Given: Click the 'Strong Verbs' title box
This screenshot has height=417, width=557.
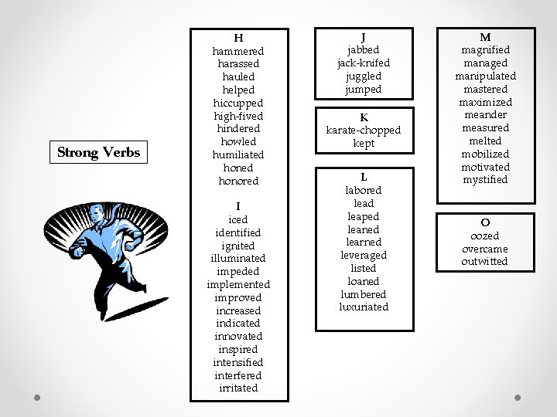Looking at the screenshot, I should (99, 152).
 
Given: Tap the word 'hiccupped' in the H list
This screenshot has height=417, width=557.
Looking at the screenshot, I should (238, 103).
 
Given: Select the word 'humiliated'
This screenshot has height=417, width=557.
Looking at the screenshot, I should (238, 154).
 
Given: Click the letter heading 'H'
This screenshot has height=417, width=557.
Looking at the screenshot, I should (238, 38).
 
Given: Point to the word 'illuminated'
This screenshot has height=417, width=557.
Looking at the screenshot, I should (238, 258).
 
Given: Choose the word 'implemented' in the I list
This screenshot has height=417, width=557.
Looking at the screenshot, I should (238, 284).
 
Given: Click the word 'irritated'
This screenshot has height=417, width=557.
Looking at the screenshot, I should (238, 388).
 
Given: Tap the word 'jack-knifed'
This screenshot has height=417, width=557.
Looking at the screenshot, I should (364, 63).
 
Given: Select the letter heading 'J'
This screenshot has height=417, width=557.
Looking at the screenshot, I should (364, 36).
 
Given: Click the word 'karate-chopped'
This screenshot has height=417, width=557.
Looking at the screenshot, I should (364, 130).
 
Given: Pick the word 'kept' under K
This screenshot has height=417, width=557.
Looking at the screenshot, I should (364, 143).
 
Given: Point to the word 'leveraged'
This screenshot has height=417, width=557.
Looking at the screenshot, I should (364, 255).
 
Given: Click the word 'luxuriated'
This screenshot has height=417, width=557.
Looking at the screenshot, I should (364, 307).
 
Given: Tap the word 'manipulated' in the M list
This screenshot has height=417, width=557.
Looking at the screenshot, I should (485, 76).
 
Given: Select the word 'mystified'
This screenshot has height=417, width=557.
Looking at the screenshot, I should (485, 180).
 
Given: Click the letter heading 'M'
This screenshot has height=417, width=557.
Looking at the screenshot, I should (485, 36).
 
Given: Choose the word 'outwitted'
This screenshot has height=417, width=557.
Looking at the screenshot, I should (485, 262).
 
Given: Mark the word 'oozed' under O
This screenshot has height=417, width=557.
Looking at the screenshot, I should (485, 236).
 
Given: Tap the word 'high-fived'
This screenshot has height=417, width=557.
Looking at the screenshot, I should (238, 116).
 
